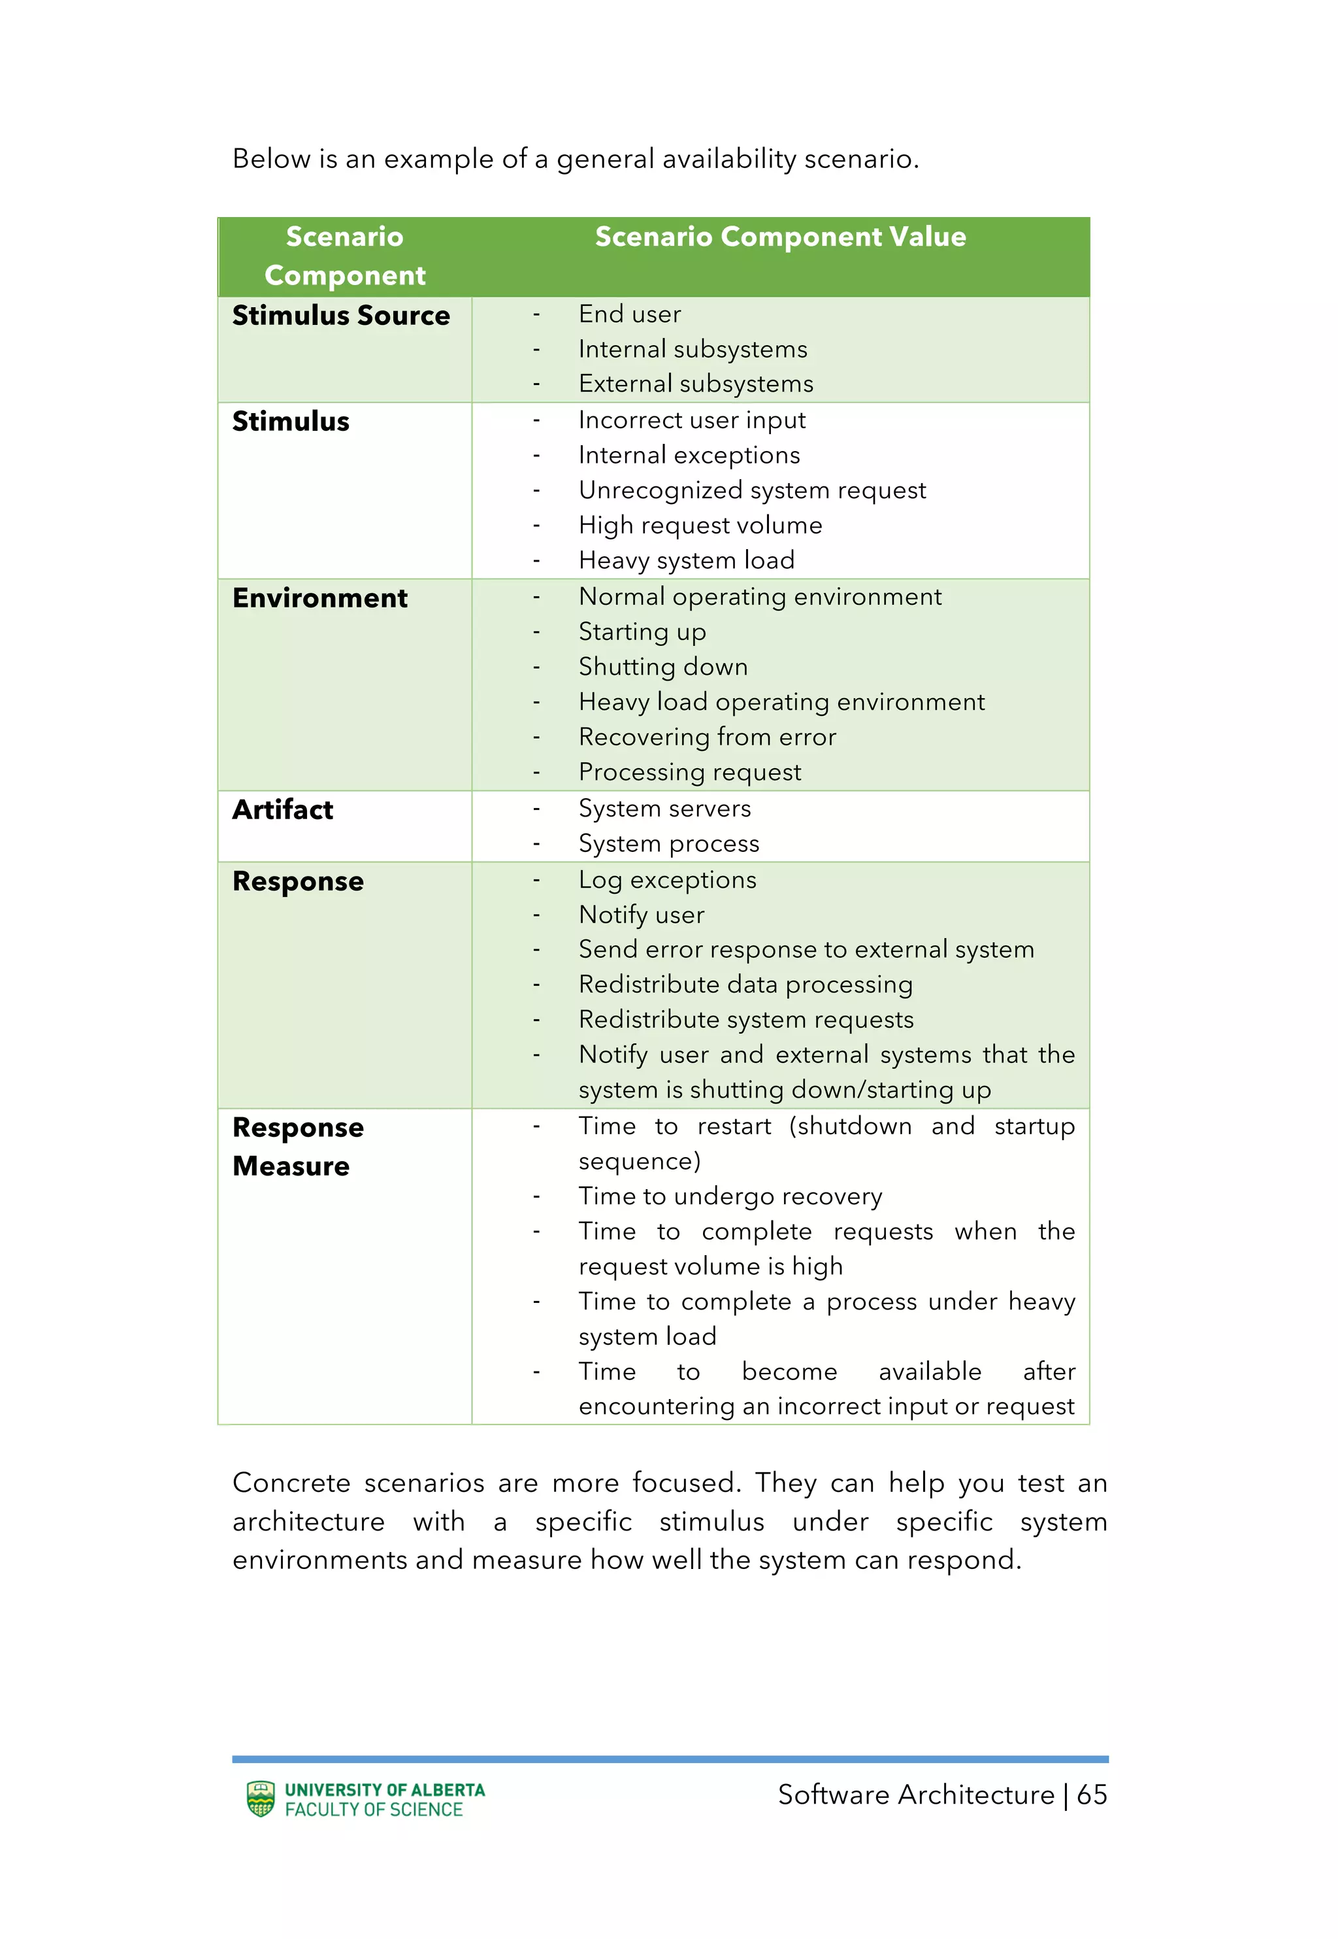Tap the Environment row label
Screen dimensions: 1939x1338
319,598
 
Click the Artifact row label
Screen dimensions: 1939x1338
282,810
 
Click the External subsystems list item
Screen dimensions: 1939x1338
695,384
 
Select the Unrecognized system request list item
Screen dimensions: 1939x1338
751,490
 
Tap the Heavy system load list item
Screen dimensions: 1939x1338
686,560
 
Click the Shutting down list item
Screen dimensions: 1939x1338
662,667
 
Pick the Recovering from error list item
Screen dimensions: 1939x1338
707,737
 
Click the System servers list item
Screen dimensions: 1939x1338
664,809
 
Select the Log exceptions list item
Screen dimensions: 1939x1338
667,880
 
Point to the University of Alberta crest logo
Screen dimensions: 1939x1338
261,1799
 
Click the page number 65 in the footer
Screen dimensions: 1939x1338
1092,1795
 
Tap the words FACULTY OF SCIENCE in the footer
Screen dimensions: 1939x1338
374,1810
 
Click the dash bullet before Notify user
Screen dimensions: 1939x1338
536,915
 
